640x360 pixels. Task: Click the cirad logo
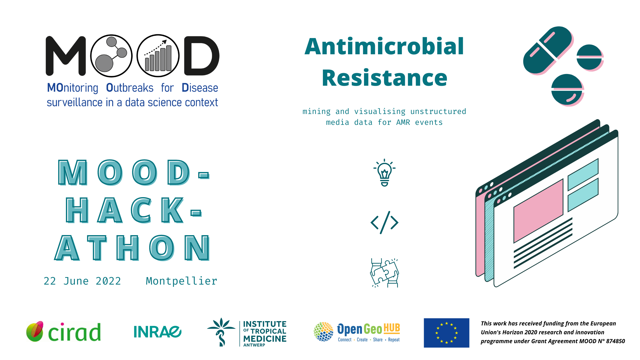(x=63, y=332)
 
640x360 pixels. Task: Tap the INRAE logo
(x=157, y=332)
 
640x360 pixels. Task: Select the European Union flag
(x=446, y=333)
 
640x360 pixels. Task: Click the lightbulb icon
(x=385, y=173)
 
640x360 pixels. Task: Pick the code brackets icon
(x=385, y=223)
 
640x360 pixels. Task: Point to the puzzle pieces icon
(x=385, y=273)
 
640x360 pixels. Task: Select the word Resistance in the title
(x=384, y=78)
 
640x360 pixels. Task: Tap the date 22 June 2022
(x=82, y=281)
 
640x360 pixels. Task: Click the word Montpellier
(x=181, y=281)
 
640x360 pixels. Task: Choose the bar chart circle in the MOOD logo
(x=158, y=56)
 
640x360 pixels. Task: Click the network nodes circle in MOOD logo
(x=111, y=56)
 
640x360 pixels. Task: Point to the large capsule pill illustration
(x=548, y=51)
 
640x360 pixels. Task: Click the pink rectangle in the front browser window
(x=538, y=211)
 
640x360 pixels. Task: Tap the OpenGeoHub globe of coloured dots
(x=323, y=332)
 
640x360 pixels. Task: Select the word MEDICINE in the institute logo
(x=265, y=339)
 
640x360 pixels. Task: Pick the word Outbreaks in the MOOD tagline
(x=130, y=88)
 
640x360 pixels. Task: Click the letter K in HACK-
(x=172, y=210)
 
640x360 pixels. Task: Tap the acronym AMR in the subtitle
(x=403, y=123)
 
